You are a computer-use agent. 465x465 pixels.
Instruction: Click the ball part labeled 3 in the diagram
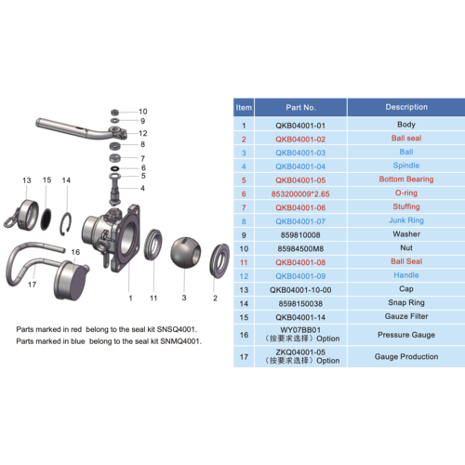point(186,253)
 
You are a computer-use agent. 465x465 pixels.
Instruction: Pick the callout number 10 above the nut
point(142,111)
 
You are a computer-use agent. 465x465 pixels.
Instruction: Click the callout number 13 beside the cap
point(28,179)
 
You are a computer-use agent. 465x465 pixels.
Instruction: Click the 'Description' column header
point(406,107)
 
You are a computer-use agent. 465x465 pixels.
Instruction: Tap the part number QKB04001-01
point(302,125)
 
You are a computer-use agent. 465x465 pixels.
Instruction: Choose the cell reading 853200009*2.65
point(302,193)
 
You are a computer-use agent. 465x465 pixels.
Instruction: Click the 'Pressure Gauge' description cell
point(406,333)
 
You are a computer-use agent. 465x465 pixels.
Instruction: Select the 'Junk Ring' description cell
point(406,220)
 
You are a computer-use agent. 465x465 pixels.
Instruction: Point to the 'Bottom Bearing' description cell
point(406,179)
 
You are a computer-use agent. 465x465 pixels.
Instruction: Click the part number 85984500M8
point(302,248)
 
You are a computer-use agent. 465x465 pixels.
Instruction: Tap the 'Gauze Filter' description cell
point(406,316)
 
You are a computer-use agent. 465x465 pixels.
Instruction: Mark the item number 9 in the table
point(244,234)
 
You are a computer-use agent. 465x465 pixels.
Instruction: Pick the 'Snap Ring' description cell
point(406,303)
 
